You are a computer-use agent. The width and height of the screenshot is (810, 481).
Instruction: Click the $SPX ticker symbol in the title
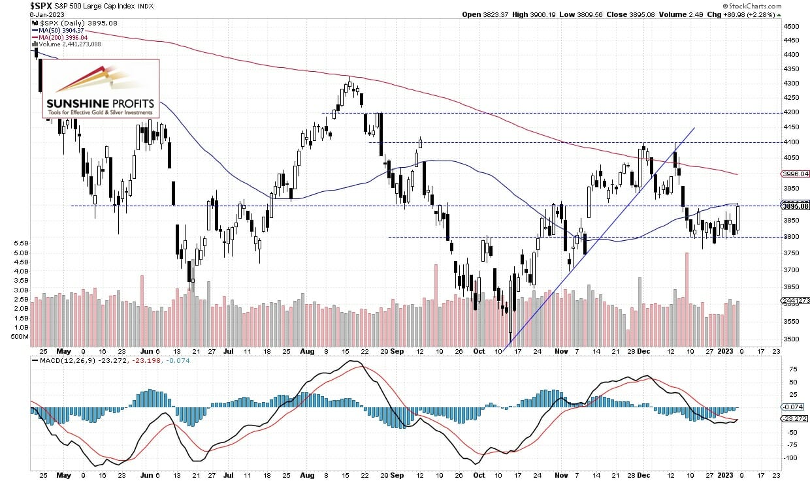(x=42, y=5)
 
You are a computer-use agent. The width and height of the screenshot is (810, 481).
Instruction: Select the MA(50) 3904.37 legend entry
(x=58, y=30)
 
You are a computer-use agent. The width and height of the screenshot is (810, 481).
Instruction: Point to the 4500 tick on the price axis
(x=791, y=27)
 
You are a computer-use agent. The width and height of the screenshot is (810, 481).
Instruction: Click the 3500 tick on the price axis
(x=791, y=339)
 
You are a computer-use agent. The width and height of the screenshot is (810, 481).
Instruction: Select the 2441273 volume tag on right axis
(x=794, y=300)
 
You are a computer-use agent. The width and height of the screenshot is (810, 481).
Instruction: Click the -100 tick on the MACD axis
(x=790, y=458)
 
